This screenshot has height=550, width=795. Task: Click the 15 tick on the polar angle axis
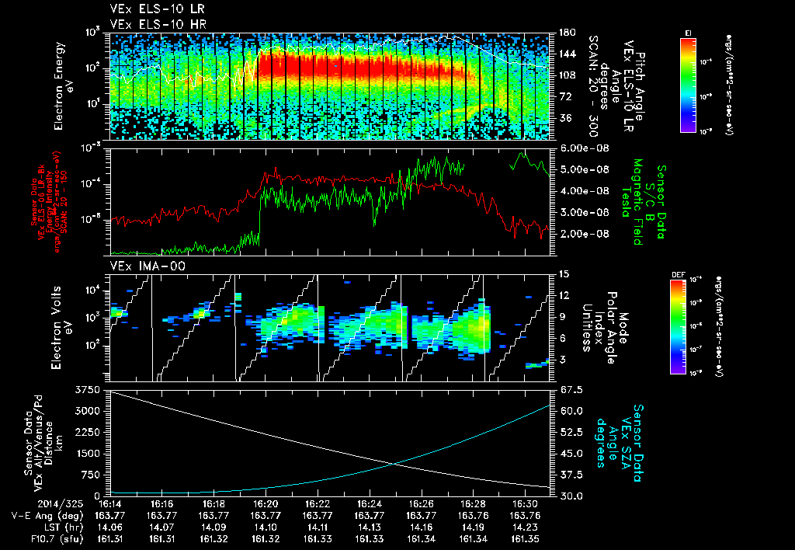point(564,274)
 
